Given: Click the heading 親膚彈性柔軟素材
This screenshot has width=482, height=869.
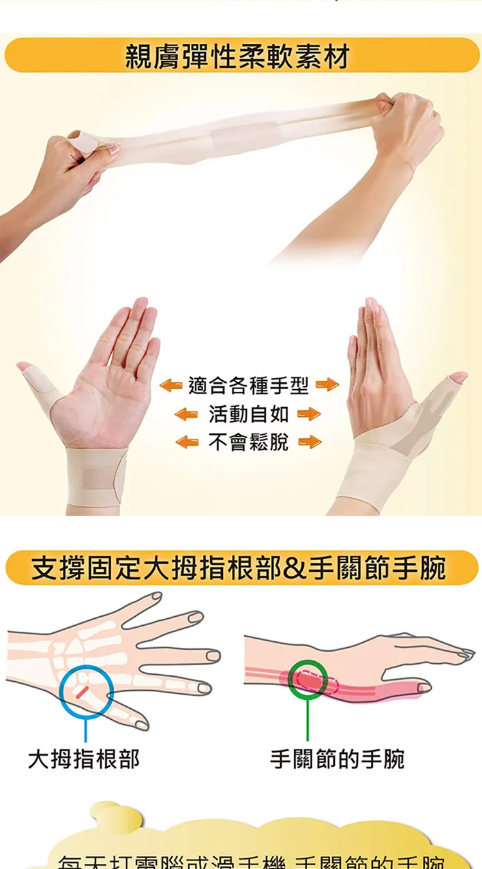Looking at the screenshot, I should click(237, 57).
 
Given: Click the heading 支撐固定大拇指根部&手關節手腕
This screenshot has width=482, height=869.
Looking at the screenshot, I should click(239, 569).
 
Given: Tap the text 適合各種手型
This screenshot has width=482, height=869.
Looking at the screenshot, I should click(249, 386).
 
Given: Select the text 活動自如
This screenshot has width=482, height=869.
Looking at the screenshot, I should click(249, 414).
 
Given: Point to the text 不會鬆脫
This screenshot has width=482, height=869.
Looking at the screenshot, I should click(249, 442).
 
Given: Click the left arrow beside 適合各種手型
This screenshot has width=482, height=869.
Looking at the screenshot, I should click(171, 386).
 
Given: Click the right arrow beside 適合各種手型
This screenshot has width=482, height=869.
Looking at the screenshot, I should click(327, 386).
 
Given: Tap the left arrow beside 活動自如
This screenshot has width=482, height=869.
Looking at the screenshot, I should click(186, 414).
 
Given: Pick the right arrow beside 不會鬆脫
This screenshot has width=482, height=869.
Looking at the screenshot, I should click(310, 442).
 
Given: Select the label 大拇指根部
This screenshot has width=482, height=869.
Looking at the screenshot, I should click(84, 759).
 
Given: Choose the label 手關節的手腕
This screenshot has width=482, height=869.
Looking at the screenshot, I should click(337, 759).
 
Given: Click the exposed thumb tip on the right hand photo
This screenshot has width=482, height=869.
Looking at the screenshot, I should click(458, 378).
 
